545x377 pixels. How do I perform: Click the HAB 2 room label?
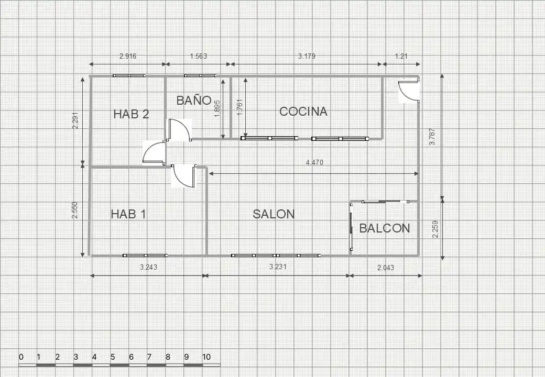(x=131, y=114)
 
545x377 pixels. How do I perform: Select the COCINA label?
(x=303, y=112)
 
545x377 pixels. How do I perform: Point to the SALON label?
(x=274, y=214)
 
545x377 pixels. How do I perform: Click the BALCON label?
(x=385, y=228)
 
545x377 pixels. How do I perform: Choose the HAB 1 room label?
(x=128, y=214)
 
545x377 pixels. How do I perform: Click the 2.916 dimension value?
(x=128, y=56)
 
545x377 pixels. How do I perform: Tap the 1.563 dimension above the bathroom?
(x=199, y=56)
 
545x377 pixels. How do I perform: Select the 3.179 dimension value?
(x=307, y=56)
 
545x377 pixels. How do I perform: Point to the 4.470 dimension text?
(x=314, y=162)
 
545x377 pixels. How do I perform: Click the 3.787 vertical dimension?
(x=432, y=137)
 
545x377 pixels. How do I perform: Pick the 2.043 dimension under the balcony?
(x=386, y=267)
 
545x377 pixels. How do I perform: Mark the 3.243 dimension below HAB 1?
(x=148, y=267)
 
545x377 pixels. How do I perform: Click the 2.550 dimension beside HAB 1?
(x=75, y=210)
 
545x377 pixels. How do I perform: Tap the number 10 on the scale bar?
(x=206, y=357)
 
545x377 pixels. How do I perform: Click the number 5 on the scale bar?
(x=113, y=357)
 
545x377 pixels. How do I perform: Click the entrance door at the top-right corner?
(x=409, y=90)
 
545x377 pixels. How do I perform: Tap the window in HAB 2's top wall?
(x=129, y=75)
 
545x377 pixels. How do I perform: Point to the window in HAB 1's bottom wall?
(x=145, y=256)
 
